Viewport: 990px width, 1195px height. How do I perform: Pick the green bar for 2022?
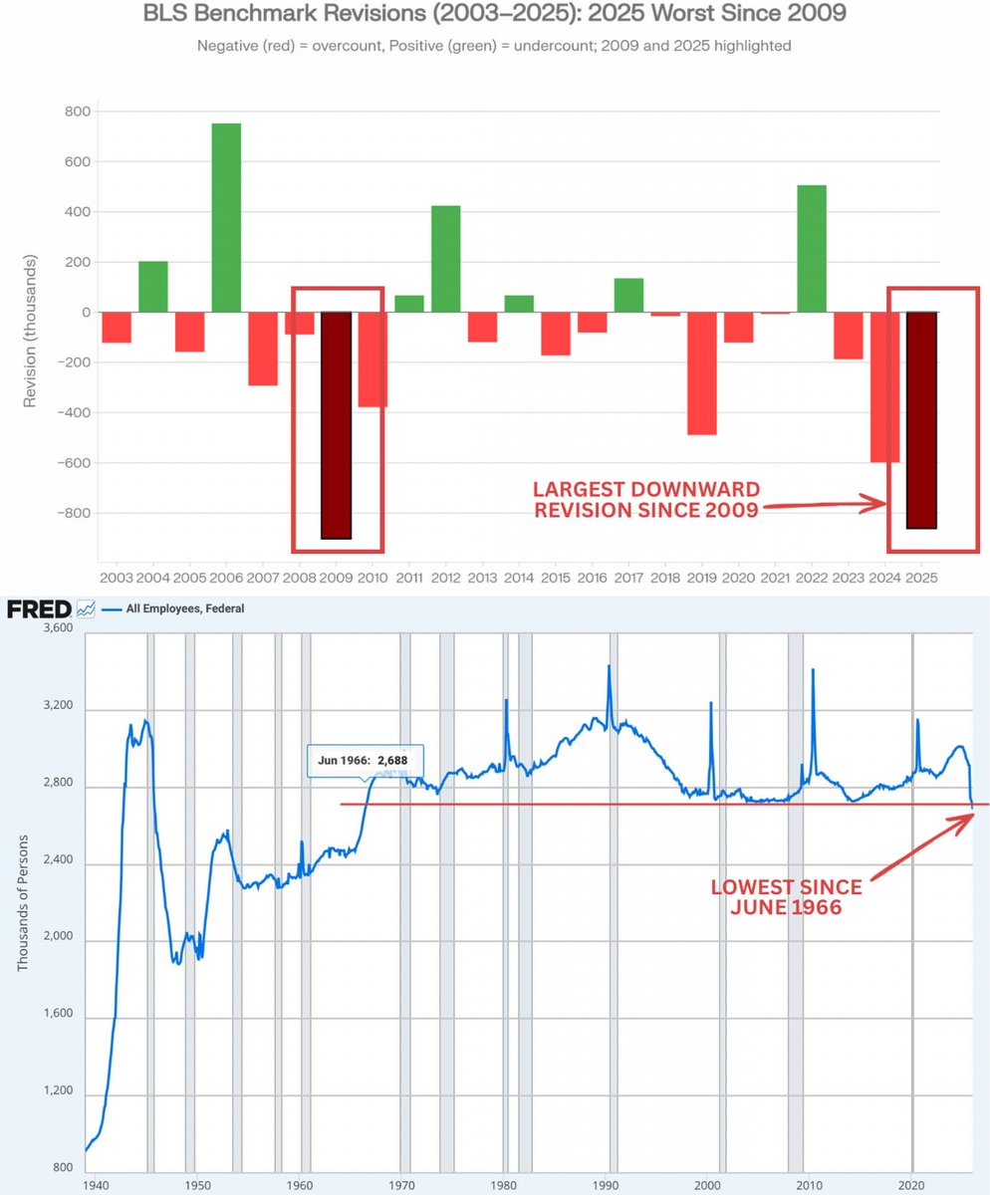[x=811, y=249]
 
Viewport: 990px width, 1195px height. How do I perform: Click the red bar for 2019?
[x=701, y=373]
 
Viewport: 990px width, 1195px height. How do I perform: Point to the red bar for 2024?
[x=884, y=387]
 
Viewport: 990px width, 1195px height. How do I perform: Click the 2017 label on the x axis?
[x=627, y=578]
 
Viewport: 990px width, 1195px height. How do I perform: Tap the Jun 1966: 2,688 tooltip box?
[x=366, y=760]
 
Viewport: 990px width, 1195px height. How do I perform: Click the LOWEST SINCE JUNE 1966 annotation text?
[x=786, y=896]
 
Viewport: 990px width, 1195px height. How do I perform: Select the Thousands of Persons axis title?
[x=23, y=902]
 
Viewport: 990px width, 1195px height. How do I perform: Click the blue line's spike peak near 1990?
[x=609, y=666]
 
